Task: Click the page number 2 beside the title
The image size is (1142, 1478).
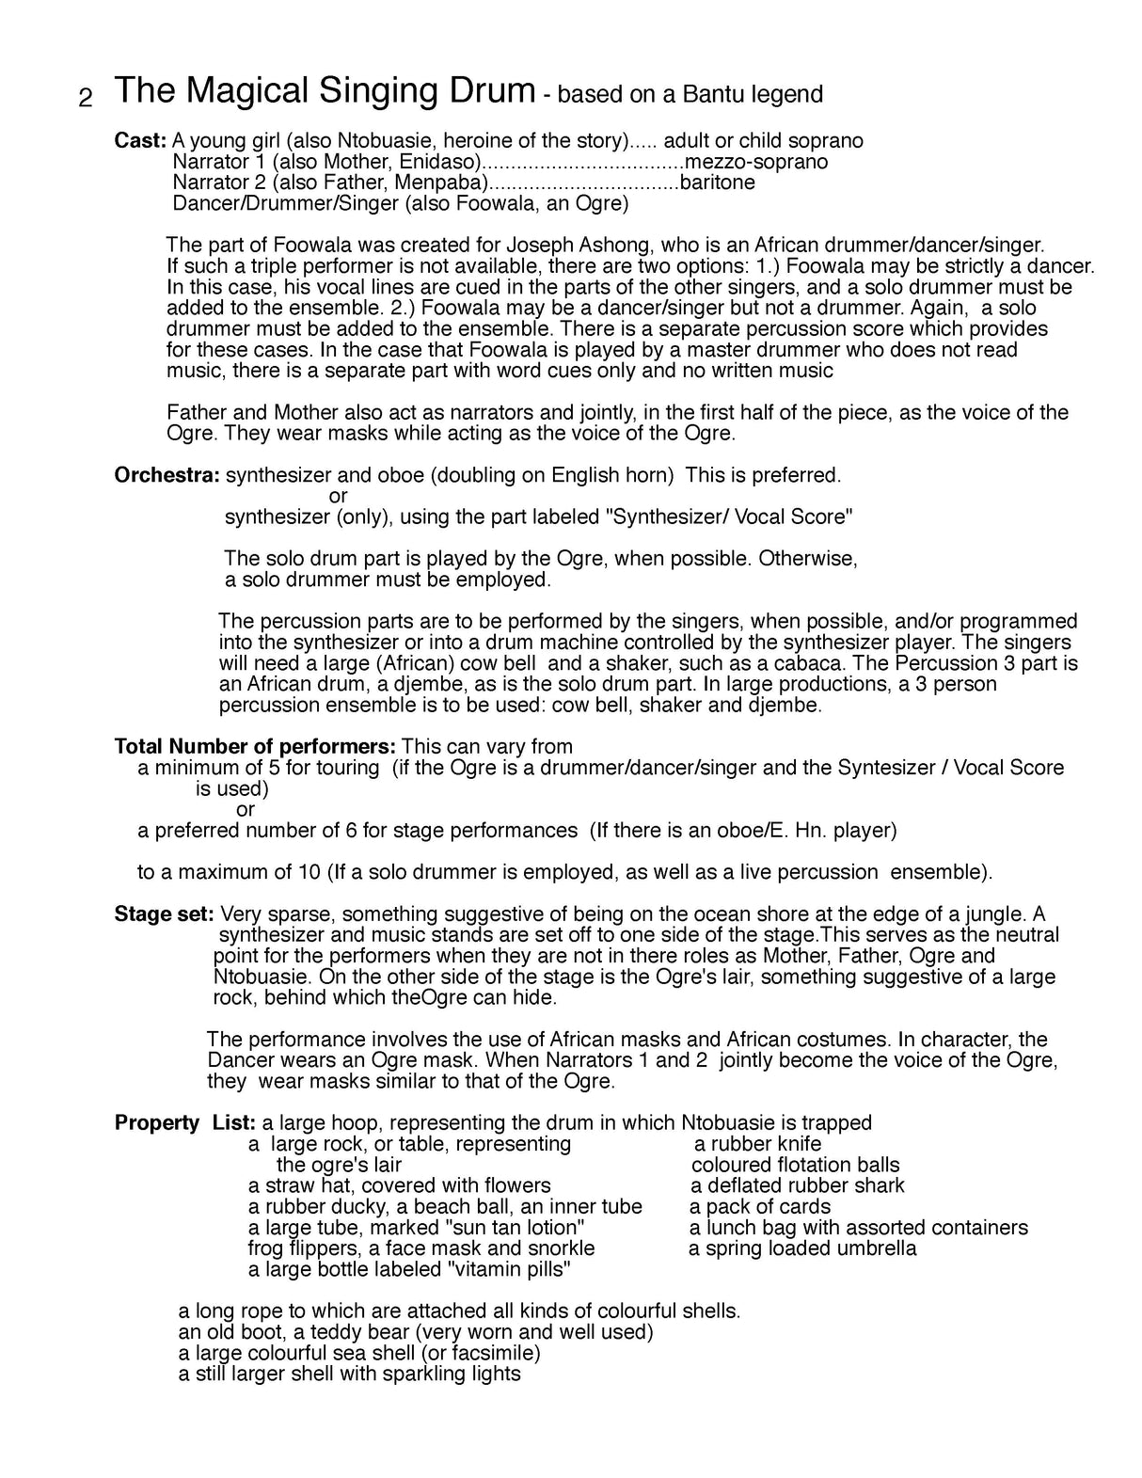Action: pyautogui.click(x=86, y=99)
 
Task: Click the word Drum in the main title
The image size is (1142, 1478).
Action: pyautogui.click(x=488, y=91)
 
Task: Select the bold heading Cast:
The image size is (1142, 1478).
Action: pyautogui.click(x=140, y=141)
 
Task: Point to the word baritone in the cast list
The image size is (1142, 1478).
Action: pyautogui.click(x=717, y=183)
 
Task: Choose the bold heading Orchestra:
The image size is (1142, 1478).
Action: pyautogui.click(x=167, y=475)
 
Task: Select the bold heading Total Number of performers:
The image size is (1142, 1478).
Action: pyautogui.click(x=255, y=747)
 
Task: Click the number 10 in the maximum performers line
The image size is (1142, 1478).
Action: pyautogui.click(x=309, y=872)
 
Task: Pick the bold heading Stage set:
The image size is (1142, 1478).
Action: pyautogui.click(x=165, y=914)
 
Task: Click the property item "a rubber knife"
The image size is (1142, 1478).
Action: pyautogui.click(x=757, y=1144)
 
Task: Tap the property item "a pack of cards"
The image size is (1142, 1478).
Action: pyautogui.click(x=759, y=1207)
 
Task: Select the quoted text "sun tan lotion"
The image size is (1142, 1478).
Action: pyautogui.click(x=514, y=1228)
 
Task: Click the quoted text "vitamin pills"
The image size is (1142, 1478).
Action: pyautogui.click(x=506, y=1269)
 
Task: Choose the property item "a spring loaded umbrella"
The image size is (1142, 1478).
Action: pyautogui.click(x=802, y=1248)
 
